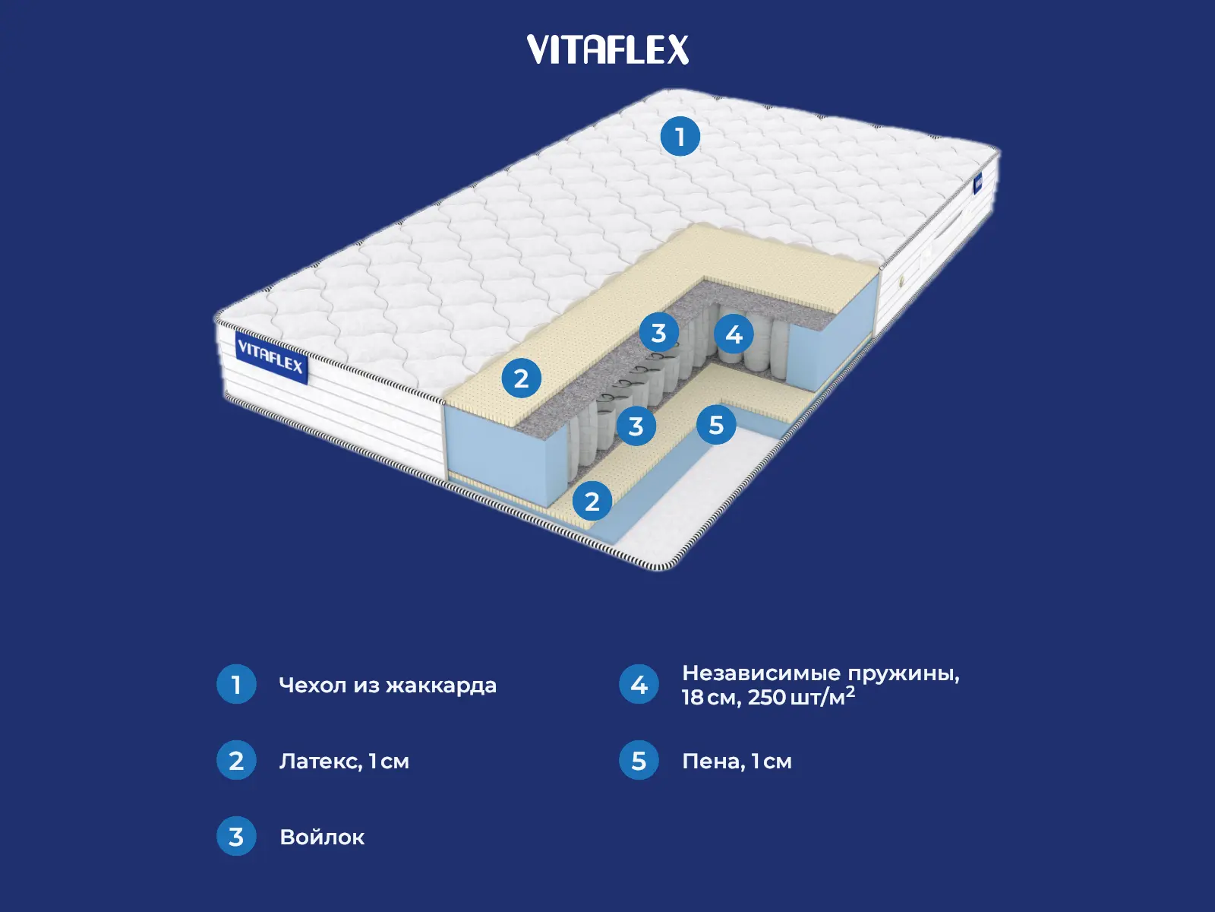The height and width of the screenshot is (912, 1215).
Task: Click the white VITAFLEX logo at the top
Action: pyautogui.click(x=607, y=49)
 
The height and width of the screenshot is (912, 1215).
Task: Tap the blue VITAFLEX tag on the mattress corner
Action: pyautogui.click(x=270, y=356)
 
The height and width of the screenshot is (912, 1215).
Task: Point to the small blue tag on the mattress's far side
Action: pyautogui.click(x=978, y=183)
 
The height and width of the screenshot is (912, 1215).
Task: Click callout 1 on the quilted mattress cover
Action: pyautogui.click(x=680, y=137)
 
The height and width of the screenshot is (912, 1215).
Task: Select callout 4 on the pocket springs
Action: pyautogui.click(x=734, y=334)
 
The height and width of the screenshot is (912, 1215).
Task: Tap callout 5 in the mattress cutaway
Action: pyautogui.click(x=716, y=425)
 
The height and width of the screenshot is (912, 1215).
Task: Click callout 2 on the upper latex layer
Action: pyautogui.click(x=521, y=378)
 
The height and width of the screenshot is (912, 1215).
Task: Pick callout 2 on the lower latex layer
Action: pyautogui.click(x=592, y=501)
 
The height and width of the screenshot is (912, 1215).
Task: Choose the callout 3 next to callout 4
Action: pyautogui.click(x=658, y=332)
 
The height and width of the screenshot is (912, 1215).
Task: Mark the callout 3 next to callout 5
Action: pyautogui.click(x=636, y=426)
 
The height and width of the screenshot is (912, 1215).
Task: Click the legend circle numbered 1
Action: pyautogui.click(x=236, y=684)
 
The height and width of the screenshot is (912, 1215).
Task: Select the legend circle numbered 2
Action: pyautogui.click(x=236, y=760)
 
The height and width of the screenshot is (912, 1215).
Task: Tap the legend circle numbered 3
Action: pyautogui.click(x=236, y=836)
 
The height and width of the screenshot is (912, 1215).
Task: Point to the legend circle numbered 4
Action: pyautogui.click(x=639, y=684)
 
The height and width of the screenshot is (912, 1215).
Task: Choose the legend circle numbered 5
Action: pyautogui.click(x=639, y=760)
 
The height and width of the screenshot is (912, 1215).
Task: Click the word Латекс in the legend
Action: pyautogui.click(x=320, y=761)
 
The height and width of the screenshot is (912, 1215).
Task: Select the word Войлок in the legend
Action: pyautogui.click(x=322, y=837)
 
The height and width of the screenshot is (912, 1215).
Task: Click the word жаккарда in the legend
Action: pyautogui.click(x=440, y=685)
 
